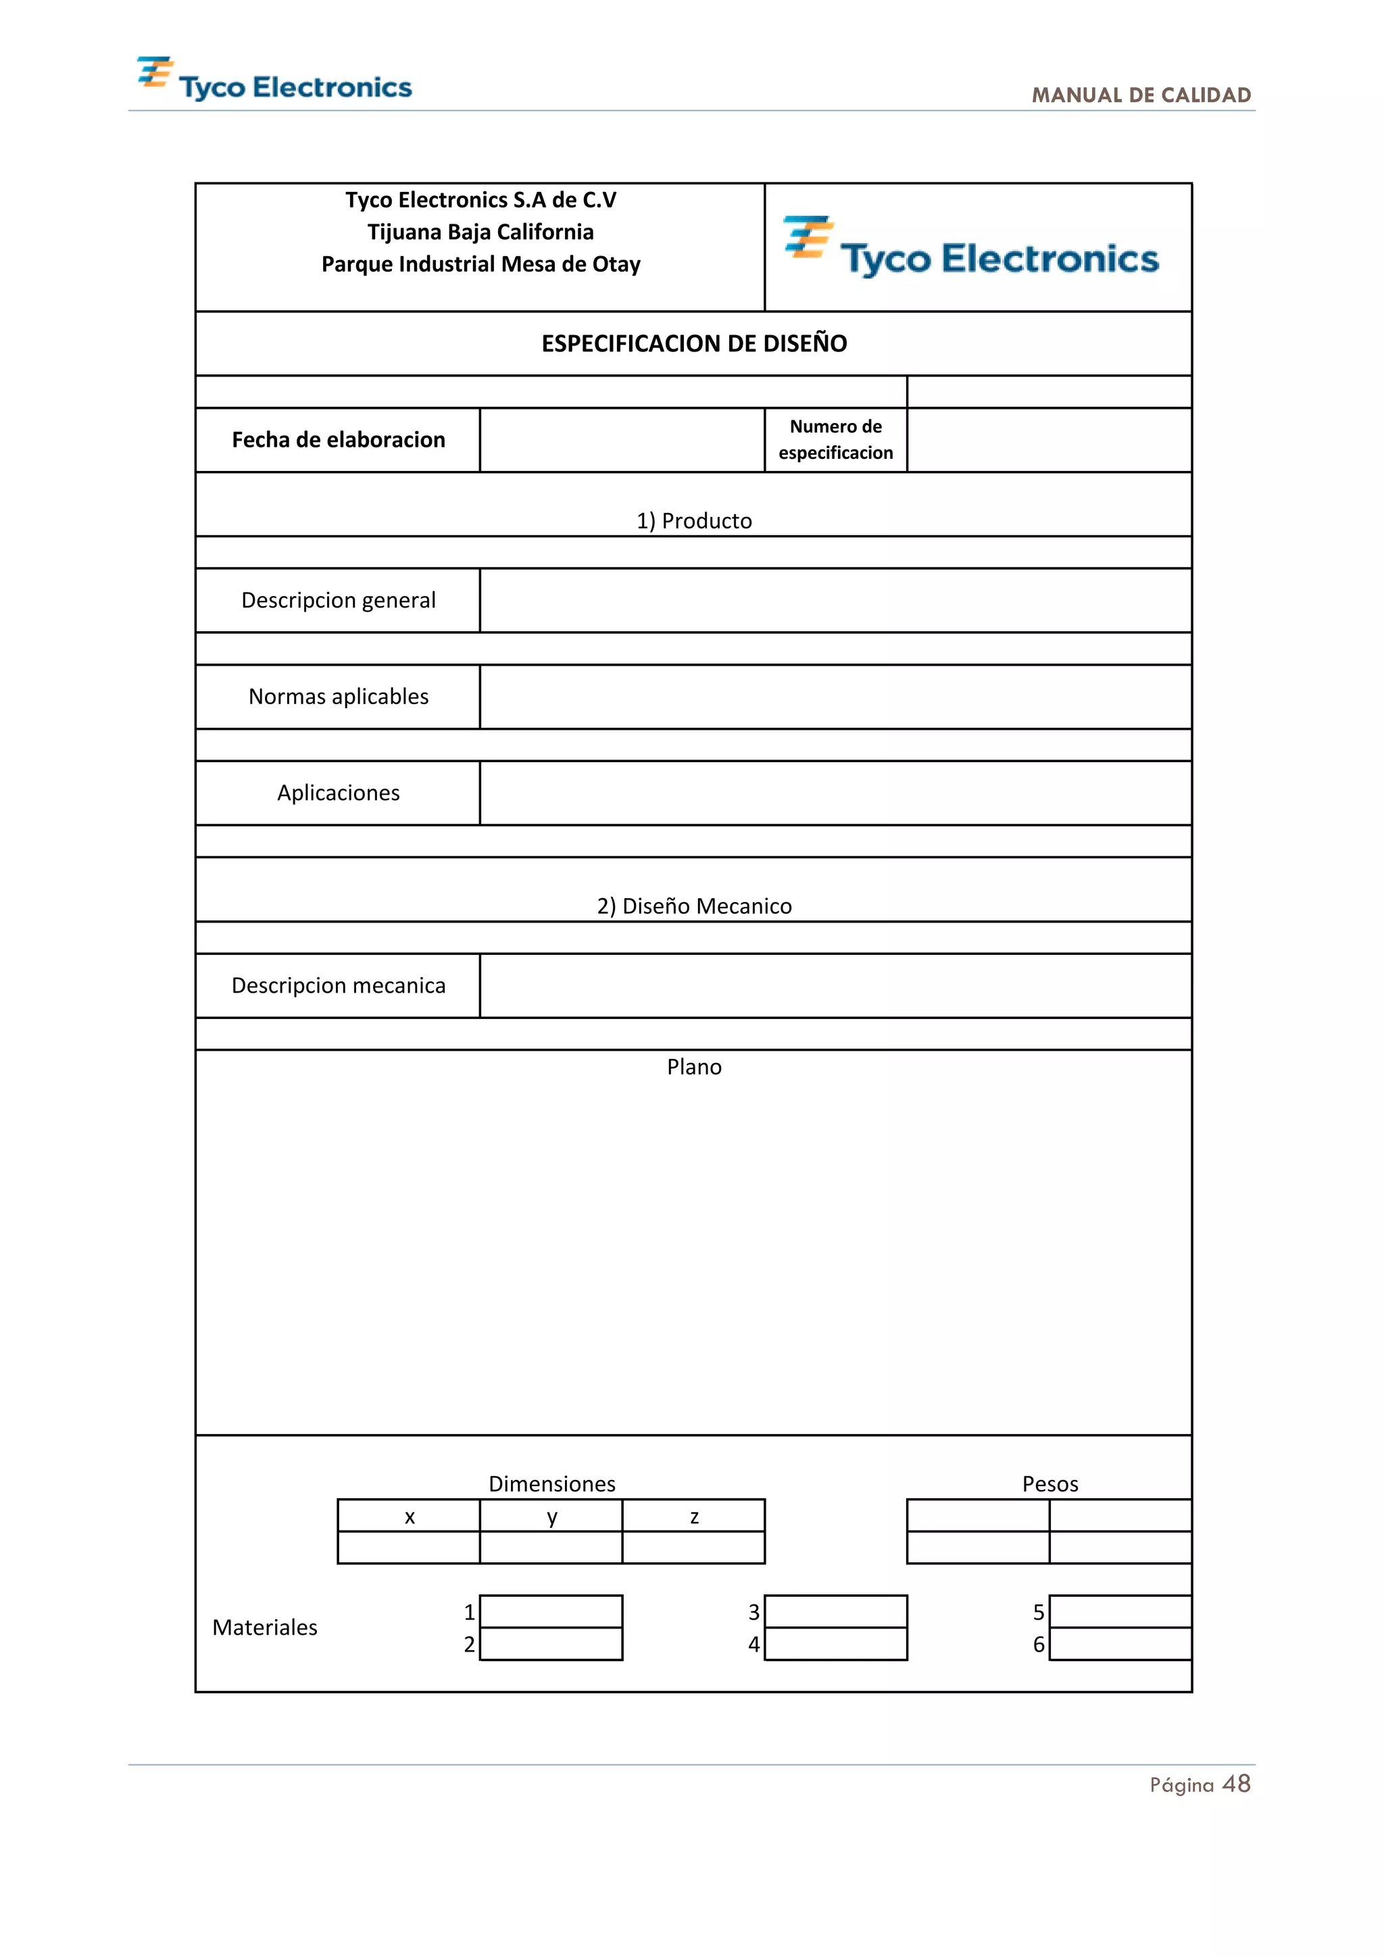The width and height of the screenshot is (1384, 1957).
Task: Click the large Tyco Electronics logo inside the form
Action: tap(972, 249)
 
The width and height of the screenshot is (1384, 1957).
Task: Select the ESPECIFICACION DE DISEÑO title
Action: tap(694, 343)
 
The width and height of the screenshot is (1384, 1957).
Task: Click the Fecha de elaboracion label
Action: tap(339, 440)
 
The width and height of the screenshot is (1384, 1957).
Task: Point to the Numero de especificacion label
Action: tap(835, 440)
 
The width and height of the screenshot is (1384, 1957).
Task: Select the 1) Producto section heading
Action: tap(694, 521)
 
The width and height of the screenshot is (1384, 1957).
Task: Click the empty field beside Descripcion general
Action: tap(835, 600)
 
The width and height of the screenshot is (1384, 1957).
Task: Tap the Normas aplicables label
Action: tap(339, 697)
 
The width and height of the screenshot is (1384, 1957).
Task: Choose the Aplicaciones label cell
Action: tap(339, 793)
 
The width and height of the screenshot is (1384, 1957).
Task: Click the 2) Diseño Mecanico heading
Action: tap(694, 906)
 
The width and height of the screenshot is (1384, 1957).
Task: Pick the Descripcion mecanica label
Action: tap(339, 985)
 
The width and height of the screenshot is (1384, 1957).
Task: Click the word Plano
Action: tap(694, 1067)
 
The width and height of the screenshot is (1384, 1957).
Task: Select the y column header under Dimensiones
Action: tap(551, 1516)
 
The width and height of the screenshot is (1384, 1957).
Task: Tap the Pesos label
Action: tap(1050, 1484)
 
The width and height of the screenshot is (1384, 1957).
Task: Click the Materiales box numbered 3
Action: tap(835, 1612)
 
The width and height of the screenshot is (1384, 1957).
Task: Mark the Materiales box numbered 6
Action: tap(1120, 1644)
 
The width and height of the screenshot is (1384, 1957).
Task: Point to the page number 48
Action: tap(1236, 1784)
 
